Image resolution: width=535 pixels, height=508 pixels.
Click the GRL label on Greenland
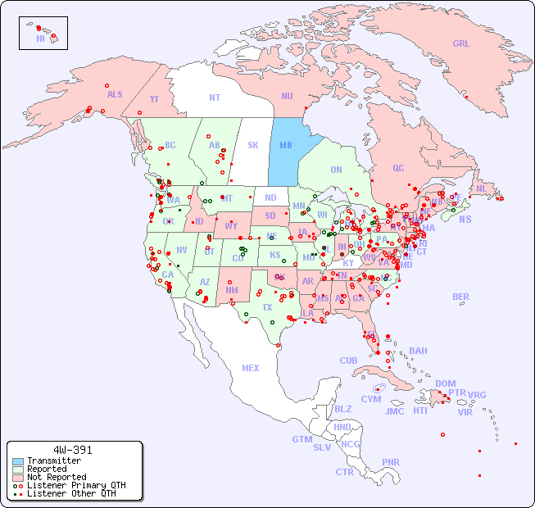click(461, 44)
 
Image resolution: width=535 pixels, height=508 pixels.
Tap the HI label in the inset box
click(40, 39)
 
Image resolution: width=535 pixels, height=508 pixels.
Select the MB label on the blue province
click(286, 145)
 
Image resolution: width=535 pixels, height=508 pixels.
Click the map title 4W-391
click(73, 450)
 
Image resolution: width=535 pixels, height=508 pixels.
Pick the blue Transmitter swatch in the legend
click(18, 461)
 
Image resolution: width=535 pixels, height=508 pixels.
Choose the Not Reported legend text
click(57, 477)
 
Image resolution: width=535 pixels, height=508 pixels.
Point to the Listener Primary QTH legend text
click(75, 485)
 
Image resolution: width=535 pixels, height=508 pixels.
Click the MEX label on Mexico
click(251, 368)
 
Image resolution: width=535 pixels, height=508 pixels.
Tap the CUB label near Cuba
click(349, 361)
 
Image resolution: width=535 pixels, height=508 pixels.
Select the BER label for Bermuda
click(461, 297)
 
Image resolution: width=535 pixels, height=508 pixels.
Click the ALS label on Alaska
click(115, 94)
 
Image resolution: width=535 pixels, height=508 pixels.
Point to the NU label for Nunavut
click(287, 96)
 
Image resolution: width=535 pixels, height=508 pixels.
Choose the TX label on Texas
click(267, 307)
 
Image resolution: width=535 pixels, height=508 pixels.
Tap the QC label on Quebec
click(398, 168)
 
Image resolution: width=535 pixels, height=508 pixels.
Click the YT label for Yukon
click(154, 99)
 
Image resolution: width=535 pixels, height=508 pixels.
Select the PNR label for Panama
click(391, 462)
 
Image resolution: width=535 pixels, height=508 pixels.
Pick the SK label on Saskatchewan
click(253, 145)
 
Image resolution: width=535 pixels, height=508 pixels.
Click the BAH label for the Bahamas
click(418, 351)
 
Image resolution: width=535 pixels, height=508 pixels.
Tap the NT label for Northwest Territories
click(214, 98)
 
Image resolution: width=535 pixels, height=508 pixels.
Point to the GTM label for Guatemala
click(302, 439)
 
